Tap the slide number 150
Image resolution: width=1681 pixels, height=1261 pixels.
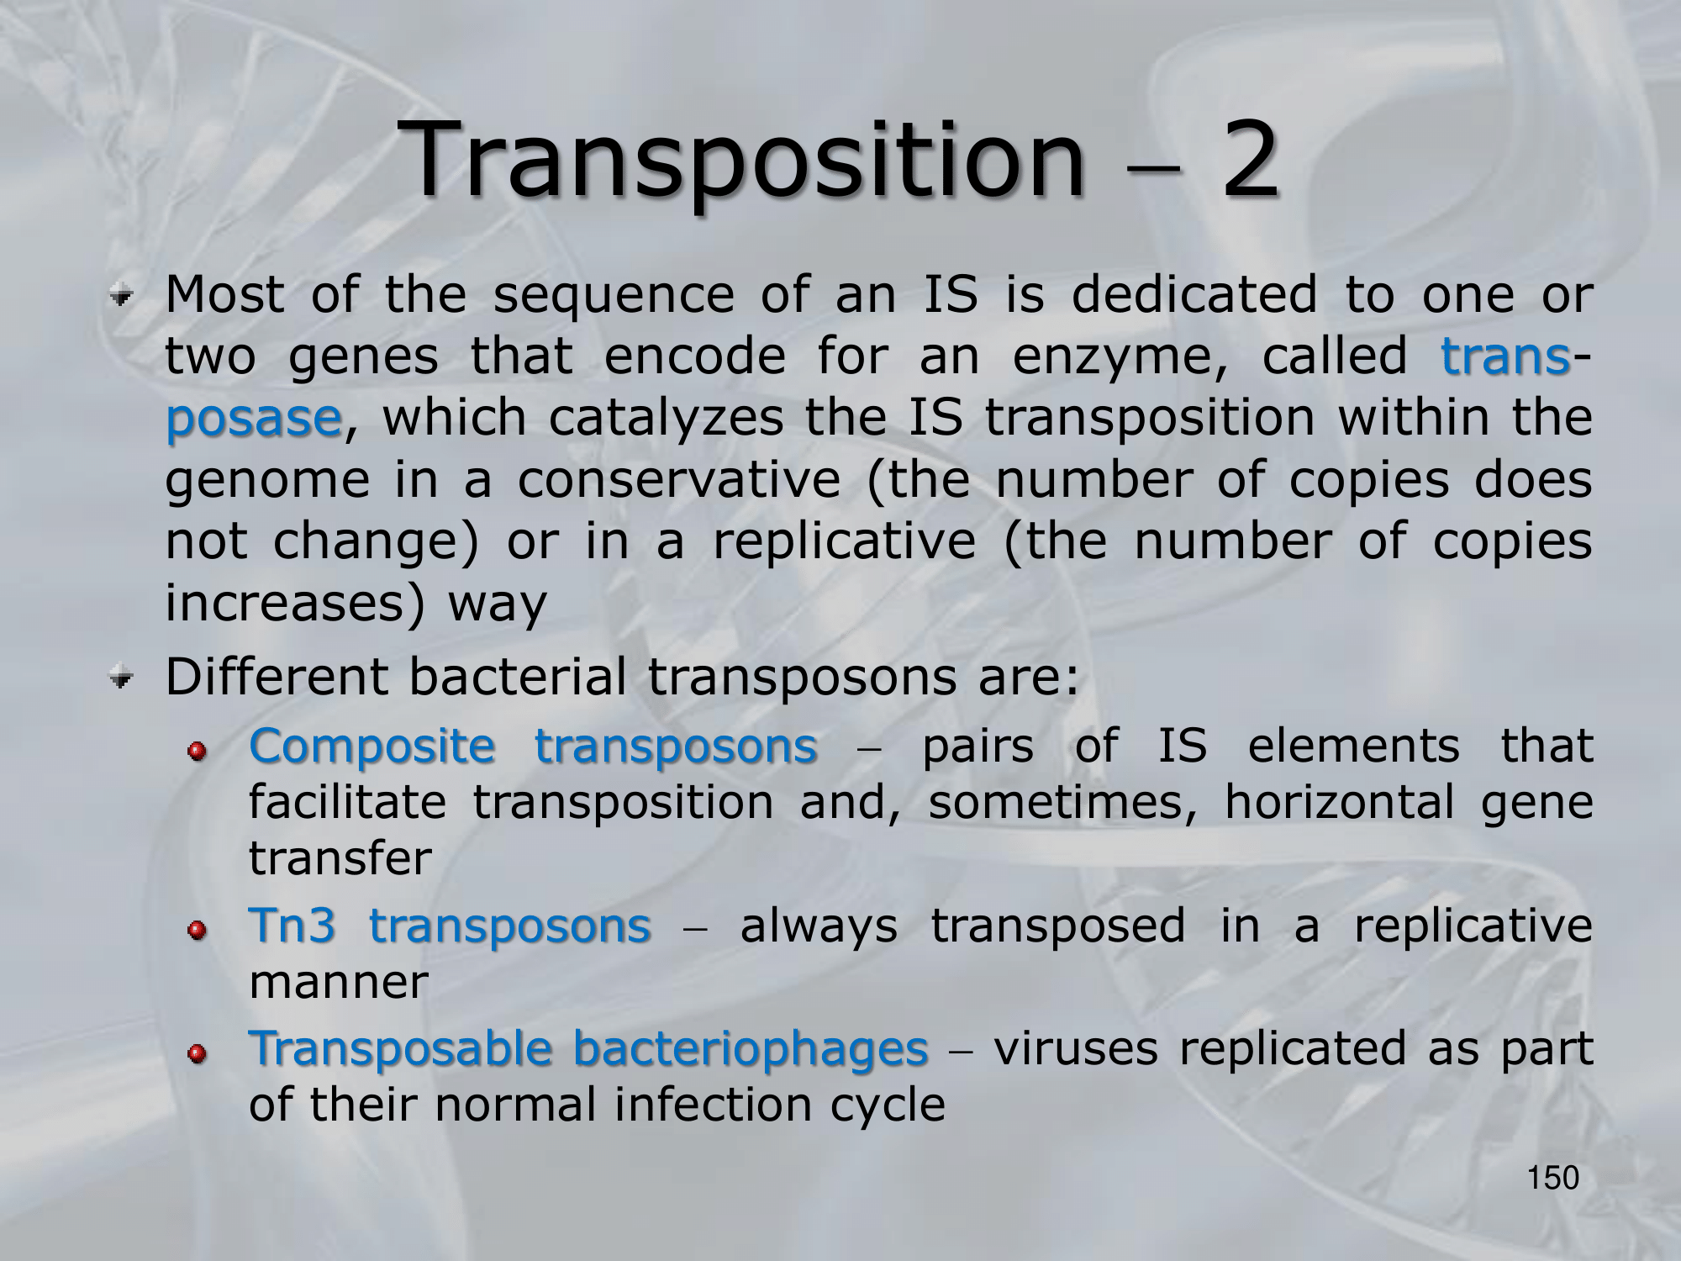[1553, 1179]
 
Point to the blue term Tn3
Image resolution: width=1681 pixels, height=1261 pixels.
[292, 926]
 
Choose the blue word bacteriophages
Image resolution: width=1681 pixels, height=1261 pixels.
[751, 1050]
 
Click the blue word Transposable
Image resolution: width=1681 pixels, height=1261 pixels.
[402, 1048]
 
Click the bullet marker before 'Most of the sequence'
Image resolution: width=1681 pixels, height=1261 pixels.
[124, 297]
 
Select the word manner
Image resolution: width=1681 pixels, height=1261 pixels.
[339, 983]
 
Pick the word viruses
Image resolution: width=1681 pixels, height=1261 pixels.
[1076, 1048]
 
